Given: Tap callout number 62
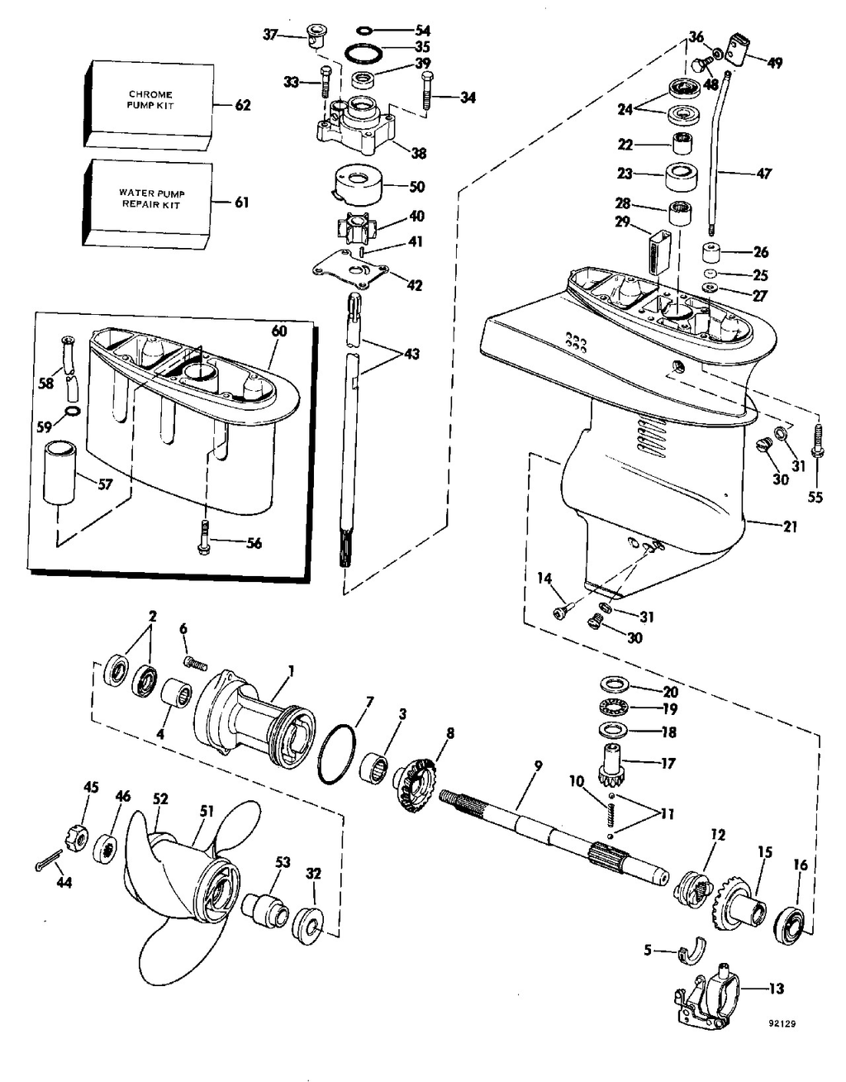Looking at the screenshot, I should point(242,106).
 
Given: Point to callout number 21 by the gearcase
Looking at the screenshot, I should point(790,527).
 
